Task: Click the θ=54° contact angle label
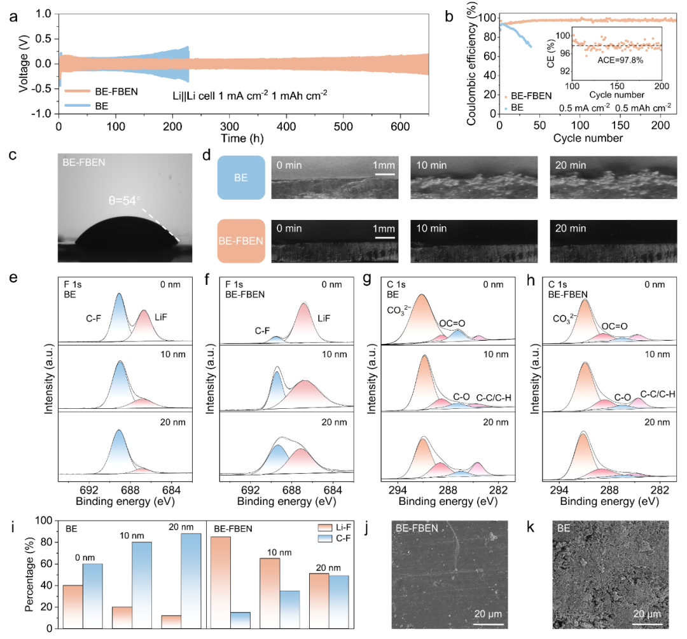[125, 200]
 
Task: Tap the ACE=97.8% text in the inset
[620, 60]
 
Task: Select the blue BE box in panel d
[241, 177]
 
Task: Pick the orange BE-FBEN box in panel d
[241, 241]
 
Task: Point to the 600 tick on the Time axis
[400, 127]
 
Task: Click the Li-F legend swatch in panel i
[325, 527]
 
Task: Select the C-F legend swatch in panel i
[325, 539]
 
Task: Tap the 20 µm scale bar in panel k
[647, 624]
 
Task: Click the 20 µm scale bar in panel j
[488, 624]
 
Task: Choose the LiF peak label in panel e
[161, 317]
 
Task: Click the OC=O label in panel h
[614, 326]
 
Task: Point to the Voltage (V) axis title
[24, 64]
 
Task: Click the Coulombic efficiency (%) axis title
[471, 64]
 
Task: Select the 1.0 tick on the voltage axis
[44, 13]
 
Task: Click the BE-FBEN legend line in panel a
[78, 92]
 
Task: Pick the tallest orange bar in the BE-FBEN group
[221, 582]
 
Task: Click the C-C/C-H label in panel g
[494, 397]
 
